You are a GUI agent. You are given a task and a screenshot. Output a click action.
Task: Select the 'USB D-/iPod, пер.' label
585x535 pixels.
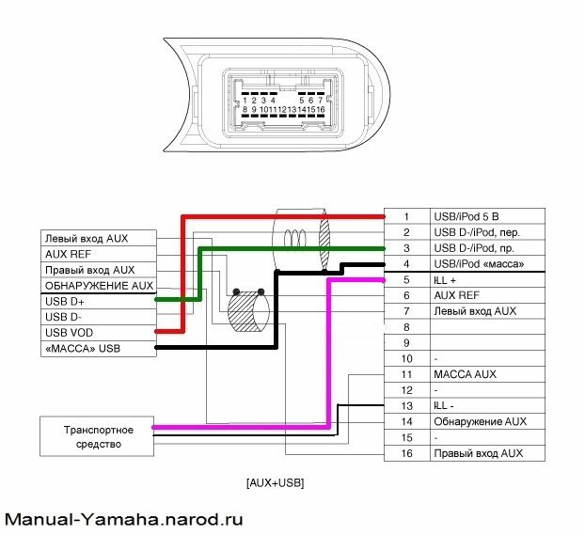tap(475, 232)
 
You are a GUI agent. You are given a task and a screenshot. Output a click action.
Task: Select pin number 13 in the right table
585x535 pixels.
tap(406, 405)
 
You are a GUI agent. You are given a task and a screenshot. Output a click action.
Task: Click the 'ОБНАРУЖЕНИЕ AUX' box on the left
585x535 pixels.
tap(97, 286)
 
